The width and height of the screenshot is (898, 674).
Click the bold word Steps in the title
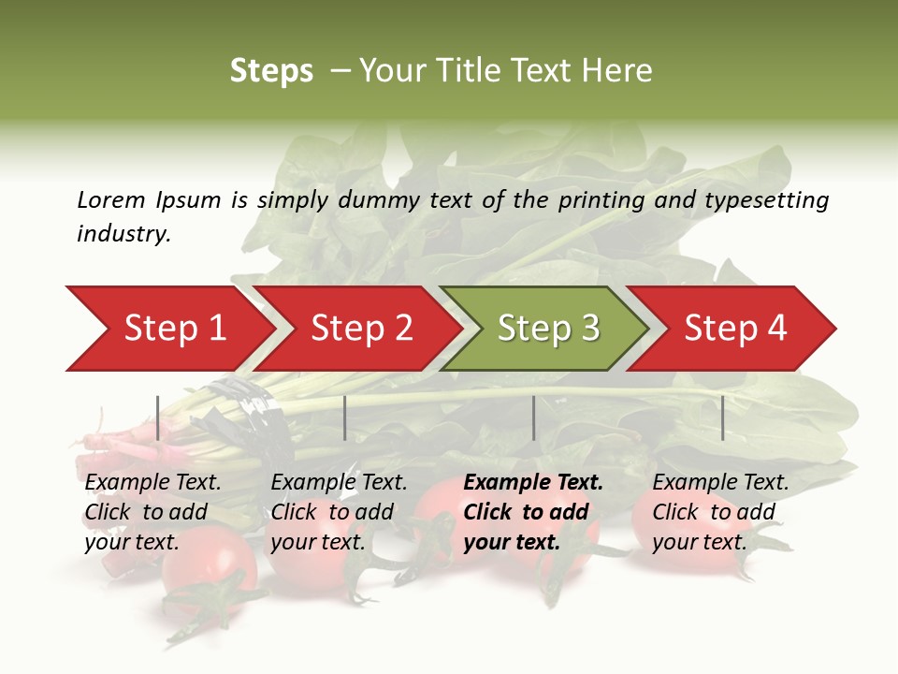pos(271,71)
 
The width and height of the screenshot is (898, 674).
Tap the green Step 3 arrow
pos(548,329)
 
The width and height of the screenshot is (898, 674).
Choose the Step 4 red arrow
pos(735,329)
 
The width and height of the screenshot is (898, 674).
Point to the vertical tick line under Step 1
pos(158,418)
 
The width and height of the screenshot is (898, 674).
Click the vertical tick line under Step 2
pos(345,418)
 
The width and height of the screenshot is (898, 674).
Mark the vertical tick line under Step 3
pos(533,418)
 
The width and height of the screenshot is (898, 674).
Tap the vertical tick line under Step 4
pos(722,418)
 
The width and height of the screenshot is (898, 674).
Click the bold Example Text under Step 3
pos(533,483)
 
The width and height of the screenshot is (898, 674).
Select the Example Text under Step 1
pos(152,483)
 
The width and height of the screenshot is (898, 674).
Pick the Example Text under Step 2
pos(339,483)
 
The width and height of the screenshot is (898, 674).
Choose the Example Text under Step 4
pos(720,483)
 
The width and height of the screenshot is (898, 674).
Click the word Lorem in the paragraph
pos(110,200)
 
